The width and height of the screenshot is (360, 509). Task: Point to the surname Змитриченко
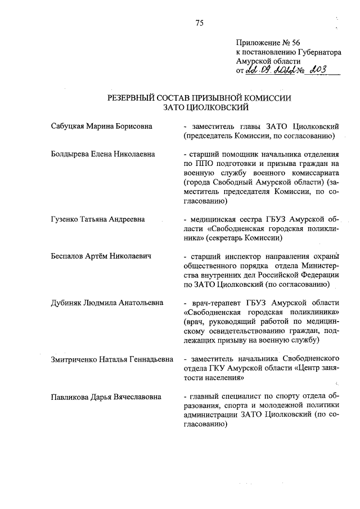click(x=73, y=358)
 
